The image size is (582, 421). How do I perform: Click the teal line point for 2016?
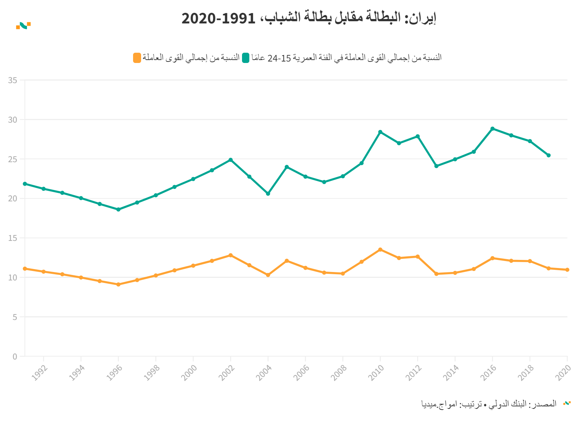492,129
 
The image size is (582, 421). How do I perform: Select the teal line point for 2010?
380,132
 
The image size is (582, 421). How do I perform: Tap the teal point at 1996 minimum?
118,210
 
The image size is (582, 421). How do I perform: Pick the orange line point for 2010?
380,250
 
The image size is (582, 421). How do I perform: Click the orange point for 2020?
567,270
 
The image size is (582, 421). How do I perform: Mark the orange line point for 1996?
118,284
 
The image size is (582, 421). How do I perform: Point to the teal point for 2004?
268,194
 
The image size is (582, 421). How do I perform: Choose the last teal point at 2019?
548,156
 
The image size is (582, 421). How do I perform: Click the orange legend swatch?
137,58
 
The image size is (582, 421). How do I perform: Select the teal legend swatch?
246,58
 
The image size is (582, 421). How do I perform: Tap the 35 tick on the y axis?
13,80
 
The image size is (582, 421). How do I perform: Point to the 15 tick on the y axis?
13,238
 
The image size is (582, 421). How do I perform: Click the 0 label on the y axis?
15,357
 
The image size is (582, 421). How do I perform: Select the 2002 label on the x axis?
227,373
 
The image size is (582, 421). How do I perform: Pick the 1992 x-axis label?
40,373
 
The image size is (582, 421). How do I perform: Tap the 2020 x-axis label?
563,373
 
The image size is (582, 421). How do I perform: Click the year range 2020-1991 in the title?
218,18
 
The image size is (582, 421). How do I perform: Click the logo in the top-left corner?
23,26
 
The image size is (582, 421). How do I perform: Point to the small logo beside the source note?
567,403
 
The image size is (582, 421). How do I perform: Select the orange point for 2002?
230,255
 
